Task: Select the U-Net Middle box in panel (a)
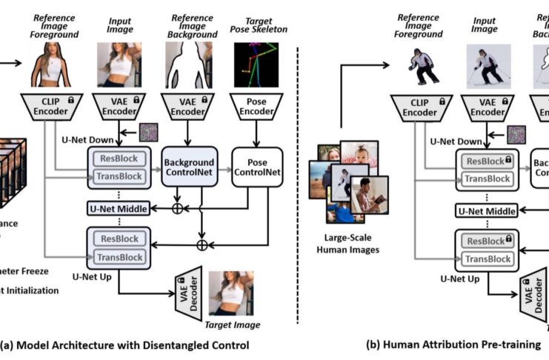pyautogui.click(x=119, y=208)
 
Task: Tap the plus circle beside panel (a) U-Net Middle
pyautogui.click(x=177, y=209)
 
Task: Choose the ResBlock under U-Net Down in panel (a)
pyautogui.click(x=119, y=159)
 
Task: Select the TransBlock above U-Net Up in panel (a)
pyautogui.click(x=119, y=258)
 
